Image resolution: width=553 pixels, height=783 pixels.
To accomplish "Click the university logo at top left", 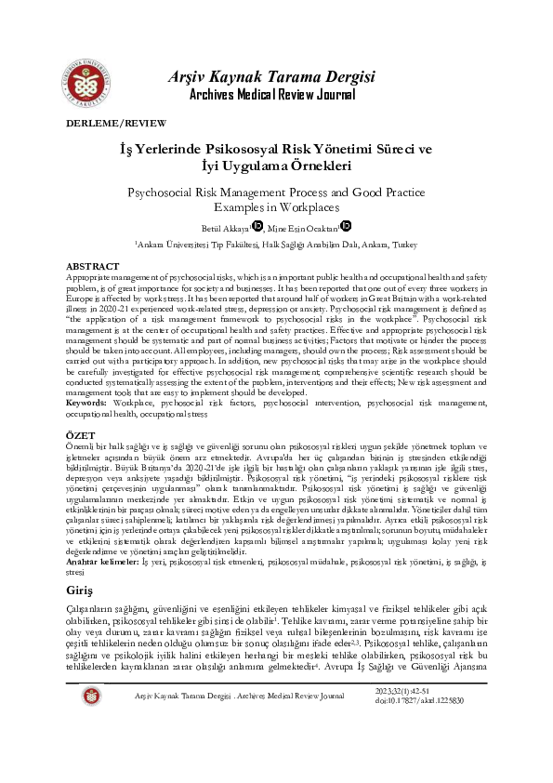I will click(x=90, y=65).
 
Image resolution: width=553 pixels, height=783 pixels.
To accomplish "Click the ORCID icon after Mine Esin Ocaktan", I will click(x=346, y=224).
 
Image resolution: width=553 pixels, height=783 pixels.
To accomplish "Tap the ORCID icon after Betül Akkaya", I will click(x=257, y=224).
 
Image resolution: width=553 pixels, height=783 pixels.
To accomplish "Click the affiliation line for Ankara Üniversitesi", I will click(x=276, y=243).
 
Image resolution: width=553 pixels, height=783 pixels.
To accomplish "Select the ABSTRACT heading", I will click(x=93, y=266).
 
